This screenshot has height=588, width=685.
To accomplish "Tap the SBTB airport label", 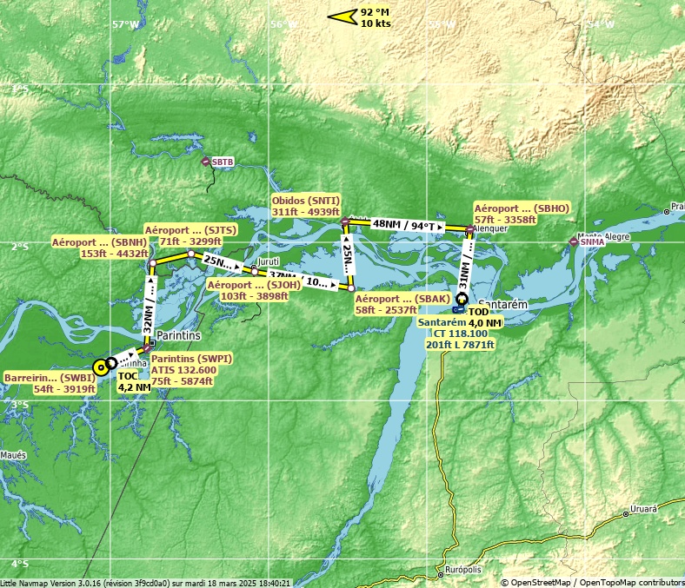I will [223, 162].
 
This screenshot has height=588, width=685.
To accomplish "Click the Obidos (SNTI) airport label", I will [305, 205].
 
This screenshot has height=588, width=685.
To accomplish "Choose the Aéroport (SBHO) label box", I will [522, 215].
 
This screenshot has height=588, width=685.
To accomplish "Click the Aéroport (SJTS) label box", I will [190, 235].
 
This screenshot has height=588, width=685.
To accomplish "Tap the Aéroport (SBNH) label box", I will [99, 248].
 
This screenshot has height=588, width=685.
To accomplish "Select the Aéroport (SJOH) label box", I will [248, 290].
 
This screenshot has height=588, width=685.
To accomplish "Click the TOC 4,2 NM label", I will [134, 382].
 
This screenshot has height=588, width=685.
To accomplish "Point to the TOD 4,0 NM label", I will [484, 317].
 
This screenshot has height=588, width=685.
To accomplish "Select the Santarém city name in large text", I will [501, 305].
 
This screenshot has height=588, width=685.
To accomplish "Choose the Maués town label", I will [14, 455].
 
